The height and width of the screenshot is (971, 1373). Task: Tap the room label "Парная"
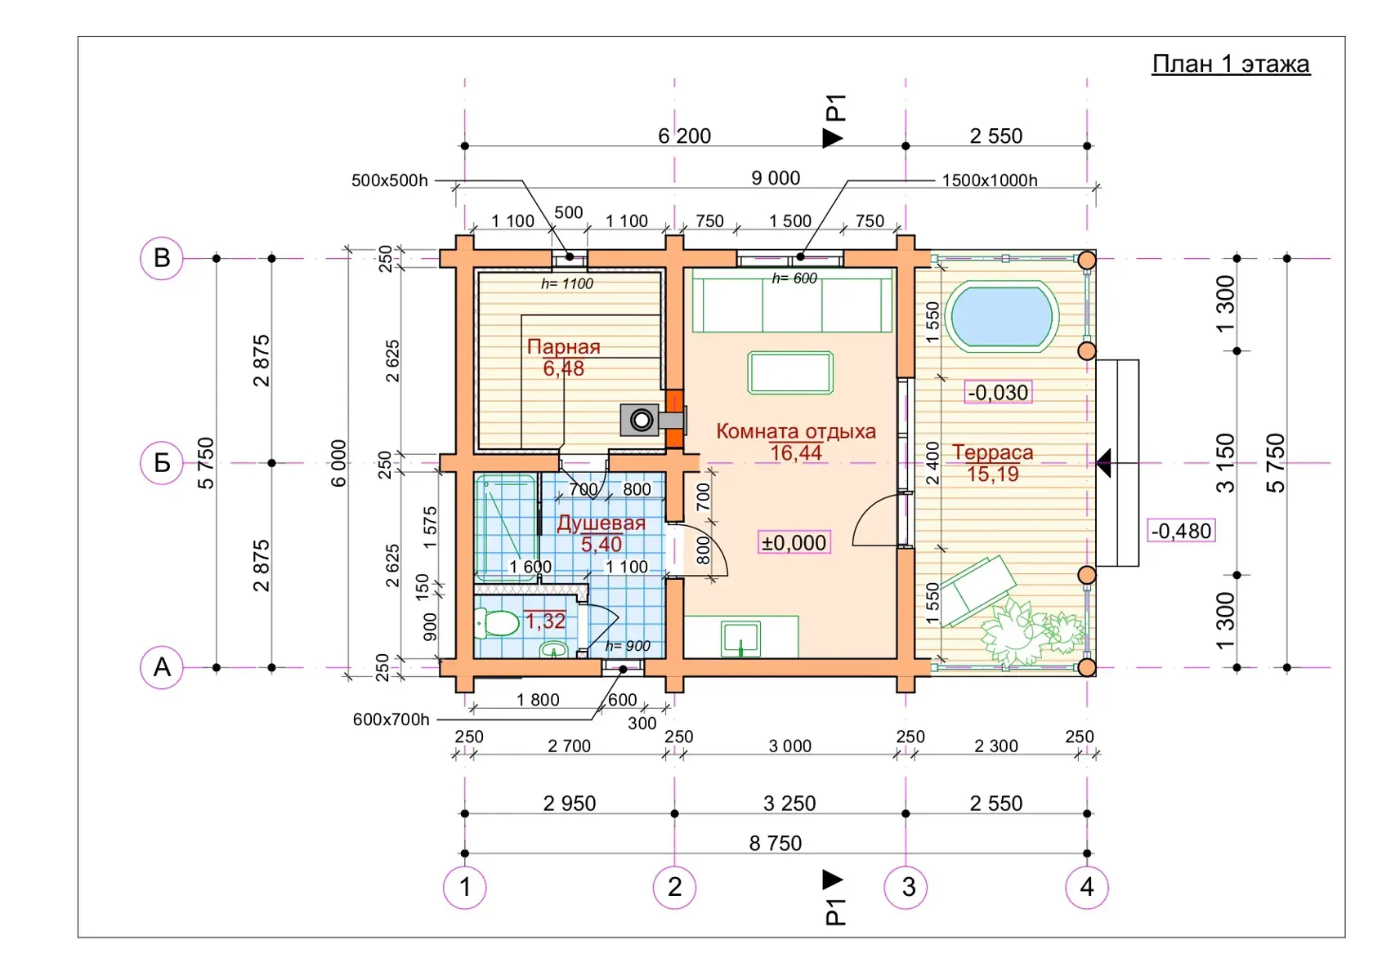point(563,347)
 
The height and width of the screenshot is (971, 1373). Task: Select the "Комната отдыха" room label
point(796,431)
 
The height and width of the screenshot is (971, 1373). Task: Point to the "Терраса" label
point(992,452)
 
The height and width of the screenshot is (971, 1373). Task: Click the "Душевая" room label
point(601,523)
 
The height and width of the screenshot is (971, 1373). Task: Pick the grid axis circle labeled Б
point(162,463)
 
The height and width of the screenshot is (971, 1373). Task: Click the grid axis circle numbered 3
point(906,887)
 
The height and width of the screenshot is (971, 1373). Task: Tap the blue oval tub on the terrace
point(1001,317)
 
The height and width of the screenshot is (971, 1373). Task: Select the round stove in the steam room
point(642,421)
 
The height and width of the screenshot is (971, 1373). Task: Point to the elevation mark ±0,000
point(794,543)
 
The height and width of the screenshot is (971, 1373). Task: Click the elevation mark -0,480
point(1181,531)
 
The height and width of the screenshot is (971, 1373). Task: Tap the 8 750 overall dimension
point(776,844)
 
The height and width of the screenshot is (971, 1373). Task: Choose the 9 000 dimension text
point(776,178)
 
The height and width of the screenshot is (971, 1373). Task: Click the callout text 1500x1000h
point(989,180)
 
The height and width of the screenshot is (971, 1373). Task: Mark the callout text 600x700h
point(391,719)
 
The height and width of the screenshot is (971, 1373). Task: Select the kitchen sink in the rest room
point(740,639)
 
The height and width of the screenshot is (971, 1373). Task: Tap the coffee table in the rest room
point(790,372)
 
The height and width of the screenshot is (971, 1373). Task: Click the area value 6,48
point(563,369)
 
